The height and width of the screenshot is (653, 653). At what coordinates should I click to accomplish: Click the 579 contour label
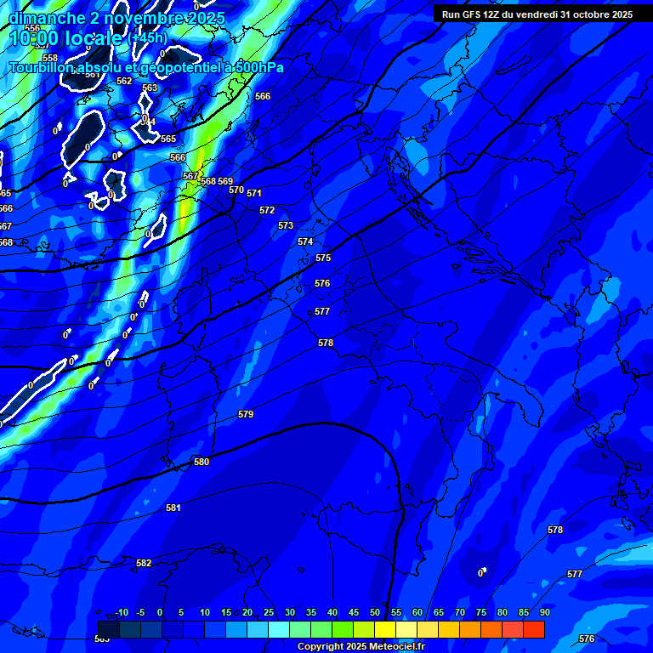246,414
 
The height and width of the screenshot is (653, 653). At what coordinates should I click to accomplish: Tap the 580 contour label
202,462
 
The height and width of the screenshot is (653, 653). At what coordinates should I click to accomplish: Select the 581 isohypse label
173,508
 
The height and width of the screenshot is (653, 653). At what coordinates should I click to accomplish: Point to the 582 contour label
144,563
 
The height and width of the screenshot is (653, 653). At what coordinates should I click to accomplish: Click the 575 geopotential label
323,258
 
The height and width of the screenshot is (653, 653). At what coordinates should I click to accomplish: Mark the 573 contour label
286,225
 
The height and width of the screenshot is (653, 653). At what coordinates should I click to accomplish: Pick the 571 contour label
254,193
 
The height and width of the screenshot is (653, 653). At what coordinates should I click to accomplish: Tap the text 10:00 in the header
35,38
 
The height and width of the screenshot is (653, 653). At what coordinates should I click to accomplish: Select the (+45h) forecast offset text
147,38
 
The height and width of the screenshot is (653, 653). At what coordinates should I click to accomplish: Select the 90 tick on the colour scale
544,612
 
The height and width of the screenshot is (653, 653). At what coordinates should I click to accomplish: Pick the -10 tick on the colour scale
121,612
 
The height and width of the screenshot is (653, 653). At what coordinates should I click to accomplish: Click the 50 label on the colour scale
375,612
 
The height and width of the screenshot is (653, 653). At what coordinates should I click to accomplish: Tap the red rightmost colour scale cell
534,629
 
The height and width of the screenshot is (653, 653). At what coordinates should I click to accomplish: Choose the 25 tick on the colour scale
269,612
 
